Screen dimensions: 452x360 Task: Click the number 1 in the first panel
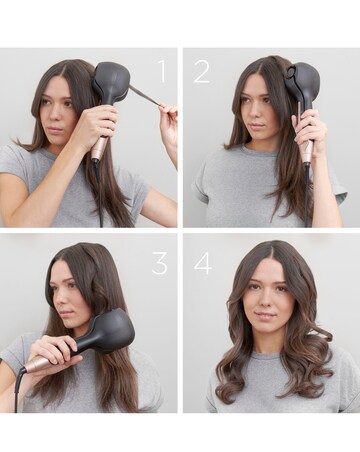click(x=161, y=70)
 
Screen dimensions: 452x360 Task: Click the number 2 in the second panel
click(x=202, y=70)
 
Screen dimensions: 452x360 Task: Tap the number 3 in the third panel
click(x=160, y=264)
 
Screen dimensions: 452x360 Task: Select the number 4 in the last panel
click(x=203, y=264)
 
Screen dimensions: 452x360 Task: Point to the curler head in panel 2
click(x=304, y=83)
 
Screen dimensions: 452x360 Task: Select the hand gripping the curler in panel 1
click(x=95, y=125)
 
